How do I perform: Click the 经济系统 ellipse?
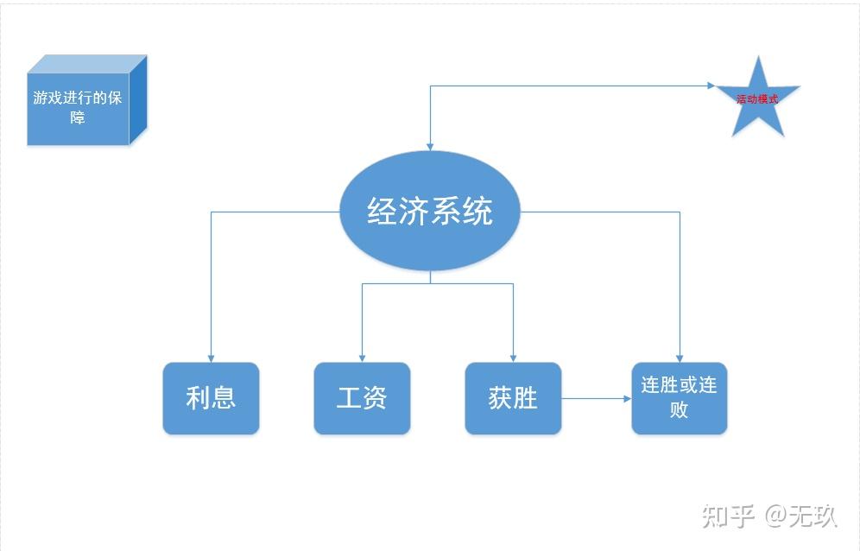[x=430, y=211]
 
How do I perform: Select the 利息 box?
[x=211, y=398]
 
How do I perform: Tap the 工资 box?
[x=362, y=398]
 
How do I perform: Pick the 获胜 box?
[x=513, y=398]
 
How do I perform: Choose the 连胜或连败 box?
[x=680, y=397]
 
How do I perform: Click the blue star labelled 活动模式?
[x=758, y=99]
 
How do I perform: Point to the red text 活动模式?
[x=757, y=99]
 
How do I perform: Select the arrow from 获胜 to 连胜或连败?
[x=596, y=398]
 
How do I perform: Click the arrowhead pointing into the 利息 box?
[x=211, y=358]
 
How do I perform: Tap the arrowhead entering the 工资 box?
[x=362, y=358]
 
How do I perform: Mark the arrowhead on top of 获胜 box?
[x=513, y=358]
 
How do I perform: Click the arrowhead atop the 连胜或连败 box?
[x=680, y=358]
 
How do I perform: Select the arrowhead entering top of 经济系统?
[x=430, y=147]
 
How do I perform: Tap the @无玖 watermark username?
[x=800, y=516]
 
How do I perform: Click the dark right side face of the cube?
[x=138, y=99]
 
